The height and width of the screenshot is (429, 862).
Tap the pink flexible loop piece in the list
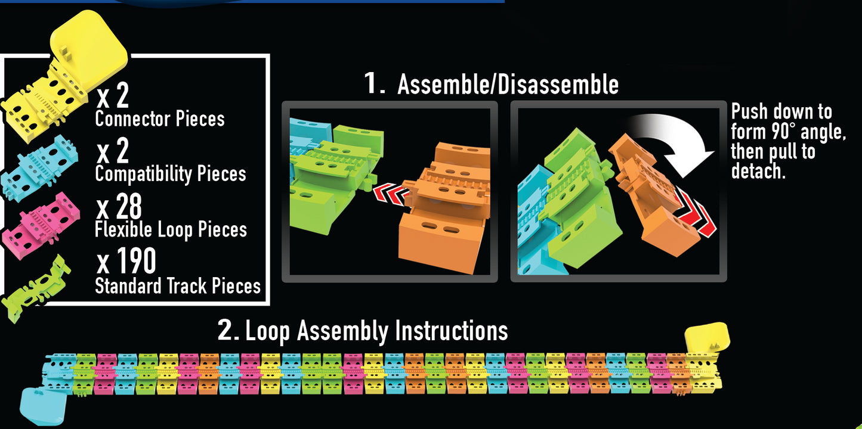[x=41, y=225]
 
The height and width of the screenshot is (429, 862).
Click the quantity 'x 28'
[x=119, y=207]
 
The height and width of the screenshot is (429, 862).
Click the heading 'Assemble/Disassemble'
[x=508, y=84]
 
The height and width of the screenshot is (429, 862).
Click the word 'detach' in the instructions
[x=756, y=172]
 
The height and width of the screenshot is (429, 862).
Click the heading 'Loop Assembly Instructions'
[x=376, y=331]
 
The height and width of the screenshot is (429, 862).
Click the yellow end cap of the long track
[x=707, y=337]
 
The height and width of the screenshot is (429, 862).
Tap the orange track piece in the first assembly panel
[x=444, y=207]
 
